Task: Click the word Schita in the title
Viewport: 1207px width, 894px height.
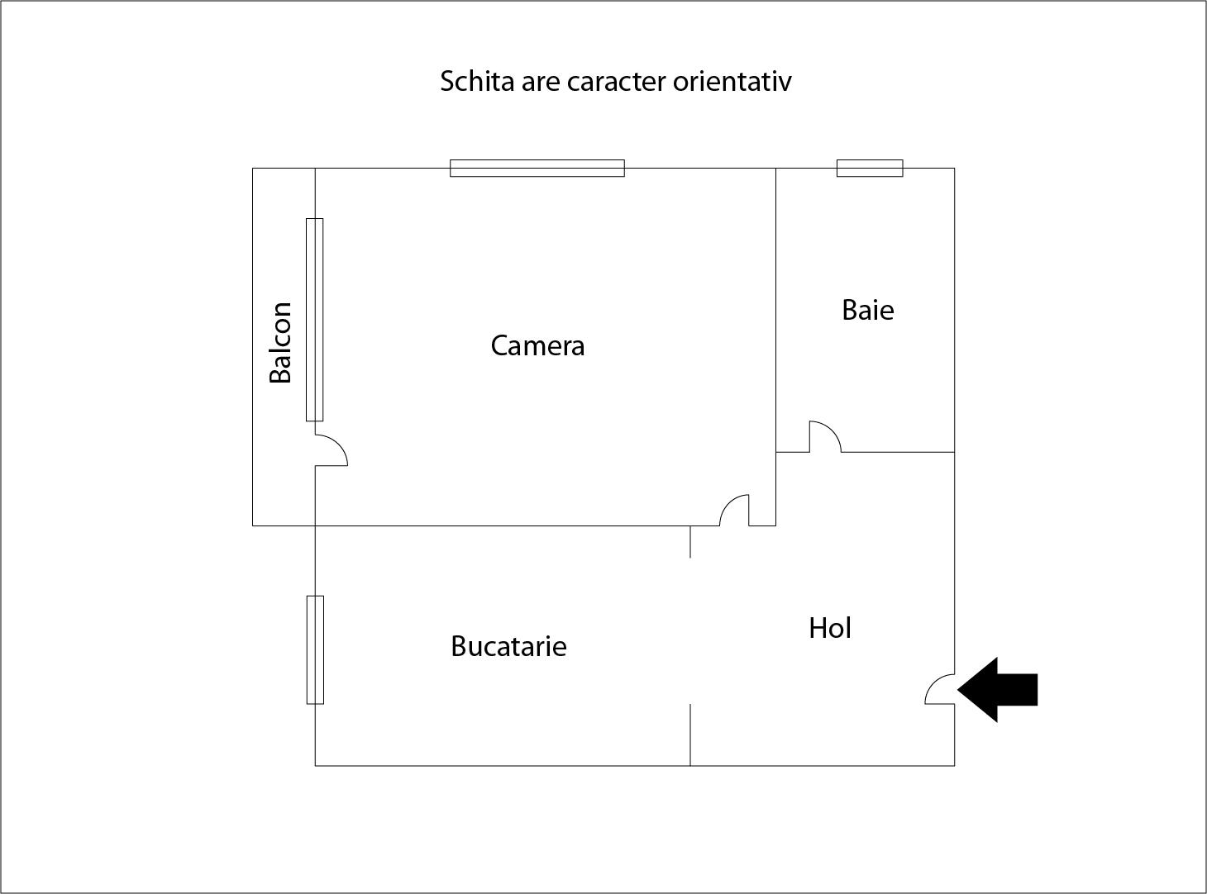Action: [477, 82]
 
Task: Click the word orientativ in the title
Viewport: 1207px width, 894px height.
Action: [732, 82]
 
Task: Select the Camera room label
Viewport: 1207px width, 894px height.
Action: [537, 345]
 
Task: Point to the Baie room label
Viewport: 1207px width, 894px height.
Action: [868, 310]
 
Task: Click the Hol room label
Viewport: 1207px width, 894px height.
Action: [830, 628]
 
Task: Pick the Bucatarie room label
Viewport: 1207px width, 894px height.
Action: [508, 646]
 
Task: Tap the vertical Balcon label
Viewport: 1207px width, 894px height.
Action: [281, 343]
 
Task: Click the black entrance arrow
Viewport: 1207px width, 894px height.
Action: [998, 690]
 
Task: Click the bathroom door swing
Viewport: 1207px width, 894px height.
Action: [832, 428]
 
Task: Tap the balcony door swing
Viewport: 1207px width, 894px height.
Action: [340, 444]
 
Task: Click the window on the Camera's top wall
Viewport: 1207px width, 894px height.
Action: [537, 168]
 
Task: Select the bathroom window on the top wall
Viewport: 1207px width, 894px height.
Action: [870, 168]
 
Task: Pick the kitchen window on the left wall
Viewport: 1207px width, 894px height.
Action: [315, 649]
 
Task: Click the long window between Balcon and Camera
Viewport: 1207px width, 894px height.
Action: [314, 320]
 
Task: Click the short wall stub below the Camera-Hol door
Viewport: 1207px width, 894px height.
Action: [690, 542]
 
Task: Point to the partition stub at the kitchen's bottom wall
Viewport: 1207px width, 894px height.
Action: [690, 735]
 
